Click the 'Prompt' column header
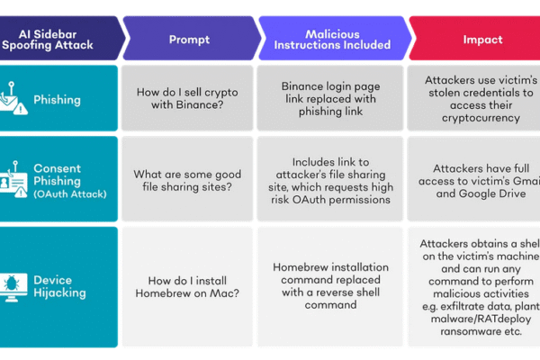click(190, 40)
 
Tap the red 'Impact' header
click(482, 40)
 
